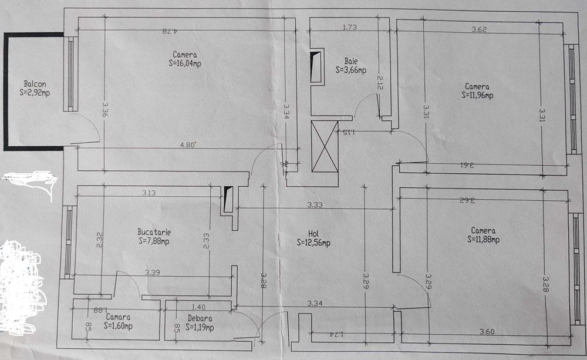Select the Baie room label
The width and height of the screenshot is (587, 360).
(351, 60)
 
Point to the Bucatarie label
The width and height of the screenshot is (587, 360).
(154, 231)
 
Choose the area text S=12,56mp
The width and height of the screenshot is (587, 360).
(313, 242)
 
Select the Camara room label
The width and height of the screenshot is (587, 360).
(119, 317)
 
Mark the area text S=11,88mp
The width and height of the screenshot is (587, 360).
(484, 239)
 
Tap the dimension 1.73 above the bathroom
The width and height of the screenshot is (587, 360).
(350, 27)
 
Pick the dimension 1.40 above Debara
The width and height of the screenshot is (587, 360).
(199, 306)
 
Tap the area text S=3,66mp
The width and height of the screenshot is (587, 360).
(351, 69)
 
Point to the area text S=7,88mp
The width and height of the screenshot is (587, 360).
(154, 240)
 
